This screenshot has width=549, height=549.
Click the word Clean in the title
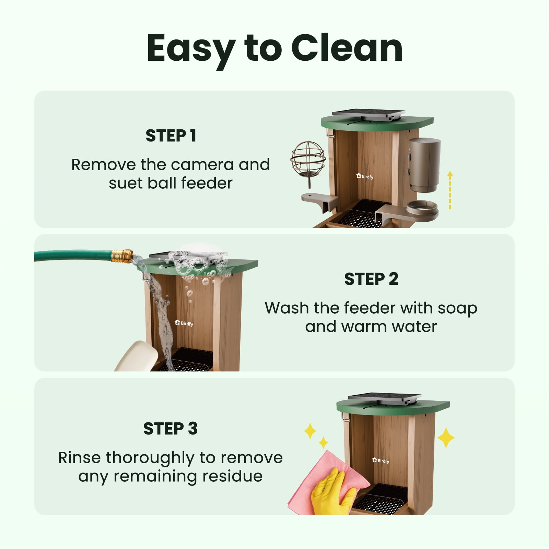[347, 48]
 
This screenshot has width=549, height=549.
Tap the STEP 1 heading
[171, 136]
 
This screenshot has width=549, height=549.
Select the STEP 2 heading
[371, 279]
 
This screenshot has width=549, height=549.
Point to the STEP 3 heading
[171, 429]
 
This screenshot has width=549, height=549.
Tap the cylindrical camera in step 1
[424, 165]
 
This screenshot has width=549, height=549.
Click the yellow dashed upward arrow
[450, 190]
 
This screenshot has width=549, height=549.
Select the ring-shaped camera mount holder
[422, 209]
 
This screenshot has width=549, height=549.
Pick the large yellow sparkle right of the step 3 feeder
[446, 437]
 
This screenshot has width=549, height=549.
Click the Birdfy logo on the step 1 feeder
[365, 176]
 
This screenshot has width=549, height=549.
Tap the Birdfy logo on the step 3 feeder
[381, 460]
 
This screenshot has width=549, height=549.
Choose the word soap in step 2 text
[457, 309]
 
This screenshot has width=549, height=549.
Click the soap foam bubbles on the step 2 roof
[196, 262]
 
